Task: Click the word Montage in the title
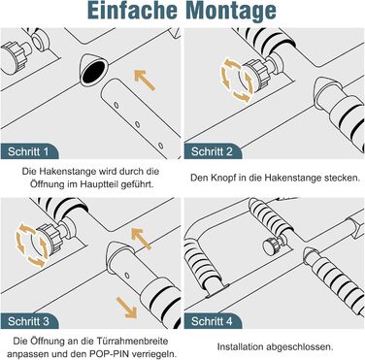(x=232, y=12)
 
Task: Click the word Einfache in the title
(x=133, y=10)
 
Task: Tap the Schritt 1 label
(x=28, y=151)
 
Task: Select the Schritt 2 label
(x=212, y=151)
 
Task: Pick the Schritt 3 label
(x=28, y=321)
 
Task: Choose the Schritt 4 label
(x=212, y=321)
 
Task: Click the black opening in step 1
(x=93, y=71)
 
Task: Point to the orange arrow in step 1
(x=145, y=80)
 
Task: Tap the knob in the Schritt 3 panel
(x=51, y=238)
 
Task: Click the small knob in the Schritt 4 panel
(x=271, y=246)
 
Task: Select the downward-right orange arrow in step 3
(x=126, y=308)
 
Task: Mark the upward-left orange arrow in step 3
(x=141, y=238)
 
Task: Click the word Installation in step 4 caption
(x=240, y=347)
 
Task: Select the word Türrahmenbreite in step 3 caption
(x=132, y=341)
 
